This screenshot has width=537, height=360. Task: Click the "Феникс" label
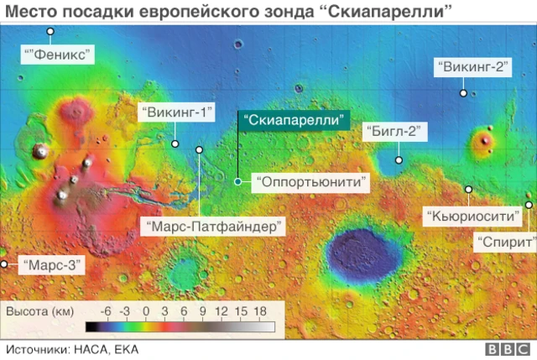point(58,55)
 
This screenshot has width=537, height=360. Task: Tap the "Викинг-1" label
point(176,112)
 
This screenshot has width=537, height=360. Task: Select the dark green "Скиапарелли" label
point(294,120)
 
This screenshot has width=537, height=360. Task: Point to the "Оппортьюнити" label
point(310,180)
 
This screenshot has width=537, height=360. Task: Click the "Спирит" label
point(503,243)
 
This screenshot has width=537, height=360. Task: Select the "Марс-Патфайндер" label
point(215,227)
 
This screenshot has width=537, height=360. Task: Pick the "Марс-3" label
point(52,264)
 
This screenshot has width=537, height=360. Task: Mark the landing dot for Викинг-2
point(463,94)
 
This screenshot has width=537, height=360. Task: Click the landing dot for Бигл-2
point(399,159)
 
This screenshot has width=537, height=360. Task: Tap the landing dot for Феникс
point(50,32)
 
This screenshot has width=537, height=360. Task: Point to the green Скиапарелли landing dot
point(238,180)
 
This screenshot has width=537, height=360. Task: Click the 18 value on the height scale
point(260,311)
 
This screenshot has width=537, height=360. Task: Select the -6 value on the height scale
point(106,311)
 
